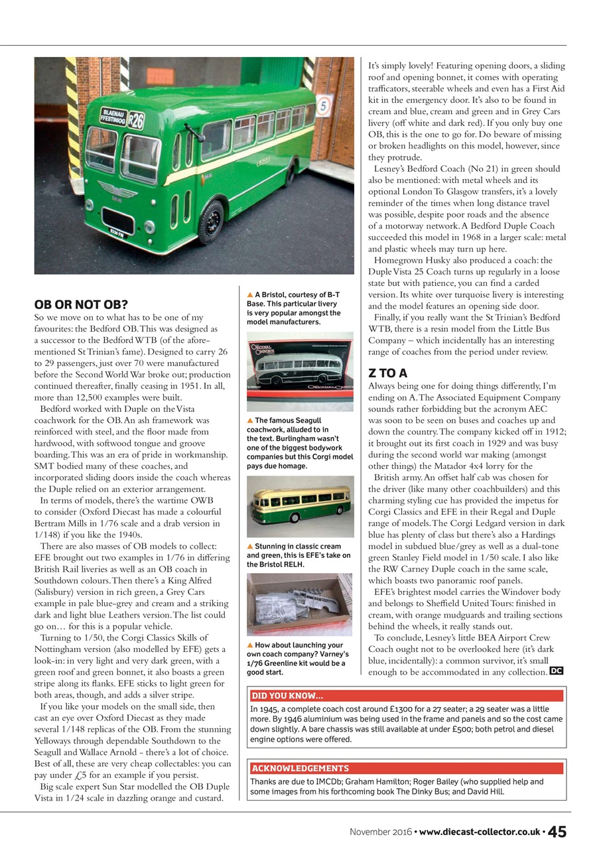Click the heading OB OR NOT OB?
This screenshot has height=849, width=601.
click(x=81, y=305)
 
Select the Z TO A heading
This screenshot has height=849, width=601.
click(x=388, y=373)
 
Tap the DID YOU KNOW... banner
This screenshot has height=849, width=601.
click(x=287, y=696)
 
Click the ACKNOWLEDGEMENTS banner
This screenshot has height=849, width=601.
click(x=300, y=768)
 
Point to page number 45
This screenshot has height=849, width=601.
click(x=557, y=831)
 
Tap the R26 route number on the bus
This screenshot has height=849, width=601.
click(x=136, y=121)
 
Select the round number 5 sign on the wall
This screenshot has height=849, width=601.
click(x=323, y=105)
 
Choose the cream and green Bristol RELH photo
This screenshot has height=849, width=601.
click(x=300, y=507)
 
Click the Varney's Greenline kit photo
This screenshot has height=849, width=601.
click(x=300, y=604)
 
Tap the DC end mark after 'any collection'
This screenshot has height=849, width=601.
click(x=557, y=671)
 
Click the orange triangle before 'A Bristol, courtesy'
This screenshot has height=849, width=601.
click(x=250, y=294)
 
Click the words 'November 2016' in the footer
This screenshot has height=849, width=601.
click(x=379, y=832)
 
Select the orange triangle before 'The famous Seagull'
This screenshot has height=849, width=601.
click(x=250, y=421)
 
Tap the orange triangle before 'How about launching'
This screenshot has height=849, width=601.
click(x=250, y=645)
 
